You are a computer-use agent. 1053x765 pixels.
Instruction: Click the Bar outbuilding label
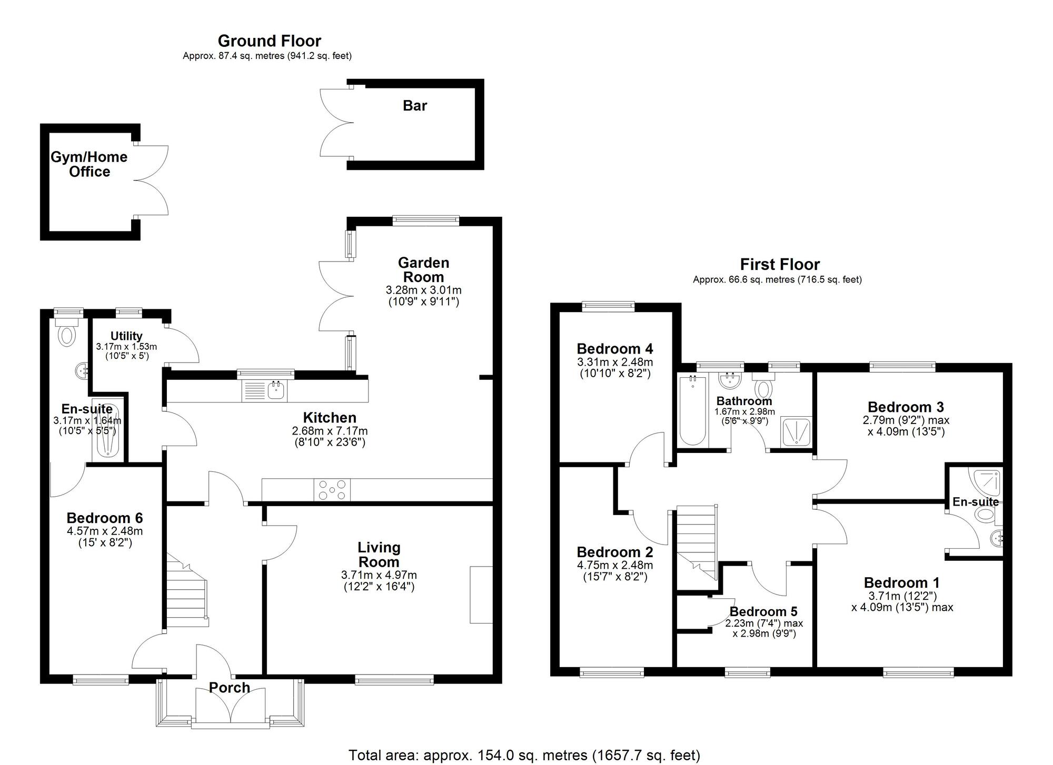(414, 106)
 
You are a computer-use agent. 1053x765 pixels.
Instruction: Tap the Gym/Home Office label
(89, 164)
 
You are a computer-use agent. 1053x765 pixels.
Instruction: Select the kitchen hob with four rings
(332, 490)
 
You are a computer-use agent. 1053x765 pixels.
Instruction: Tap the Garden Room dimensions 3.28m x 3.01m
(423, 290)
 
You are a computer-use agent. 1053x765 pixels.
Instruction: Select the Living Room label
(379, 555)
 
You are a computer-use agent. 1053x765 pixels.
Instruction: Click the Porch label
(229, 688)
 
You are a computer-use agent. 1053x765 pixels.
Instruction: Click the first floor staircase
(697, 542)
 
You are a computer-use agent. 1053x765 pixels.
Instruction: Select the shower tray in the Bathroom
(797, 432)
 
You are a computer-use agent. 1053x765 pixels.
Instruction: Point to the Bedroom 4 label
(614, 349)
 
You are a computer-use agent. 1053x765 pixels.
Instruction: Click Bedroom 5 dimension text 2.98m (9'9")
(764, 633)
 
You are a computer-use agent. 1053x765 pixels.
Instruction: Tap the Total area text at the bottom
(524, 756)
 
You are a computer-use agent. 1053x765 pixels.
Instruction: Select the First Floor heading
(780, 264)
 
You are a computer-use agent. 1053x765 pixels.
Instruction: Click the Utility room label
(126, 336)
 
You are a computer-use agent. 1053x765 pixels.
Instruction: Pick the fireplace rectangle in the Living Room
(481, 595)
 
